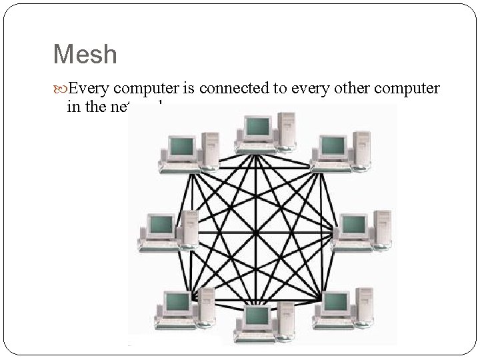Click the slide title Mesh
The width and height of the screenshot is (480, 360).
pyautogui.click(x=85, y=54)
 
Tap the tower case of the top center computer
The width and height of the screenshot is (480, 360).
pyautogui.click(x=286, y=130)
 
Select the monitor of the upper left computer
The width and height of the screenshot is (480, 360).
pyautogui.click(x=181, y=146)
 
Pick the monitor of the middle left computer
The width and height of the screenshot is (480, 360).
pyautogui.click(x=161, y=225)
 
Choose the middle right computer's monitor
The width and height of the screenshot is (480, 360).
pyautogui.click(x=352, y=225)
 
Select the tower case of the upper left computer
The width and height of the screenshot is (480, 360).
pyautogui.click(x=209, y=149)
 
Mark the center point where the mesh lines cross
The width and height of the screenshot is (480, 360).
pyautogui.click(x=257, y=233)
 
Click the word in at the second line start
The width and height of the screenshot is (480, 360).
pyautogui.click(x=73, y=106)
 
